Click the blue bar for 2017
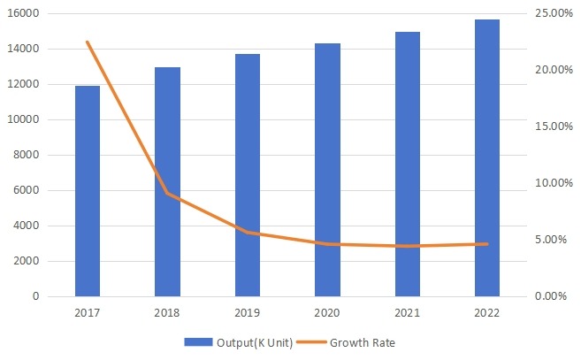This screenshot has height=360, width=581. (x=88, y=191)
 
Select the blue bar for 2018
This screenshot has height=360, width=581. (x=167, y=181)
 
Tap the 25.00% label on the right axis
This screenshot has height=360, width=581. (x=554, y=14)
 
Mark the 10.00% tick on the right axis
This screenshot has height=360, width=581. (x=554, y=183)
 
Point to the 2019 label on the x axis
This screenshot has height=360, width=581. (x=248, y=313)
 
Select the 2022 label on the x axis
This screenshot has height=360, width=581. (x=487, y=313)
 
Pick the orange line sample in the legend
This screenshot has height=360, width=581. (x=311, y=341)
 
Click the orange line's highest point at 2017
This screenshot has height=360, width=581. (x=88, y=42)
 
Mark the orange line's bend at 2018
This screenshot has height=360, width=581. (x=167, y=194)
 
